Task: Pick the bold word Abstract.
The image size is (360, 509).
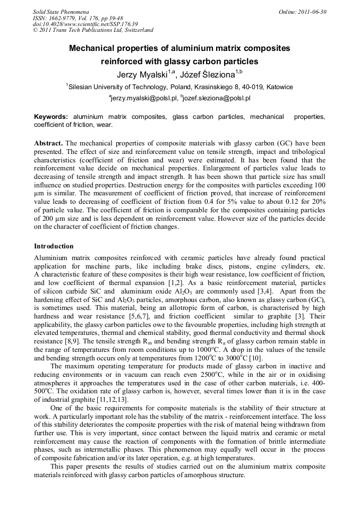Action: (48, 144)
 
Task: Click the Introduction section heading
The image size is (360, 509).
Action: (54, 246)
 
